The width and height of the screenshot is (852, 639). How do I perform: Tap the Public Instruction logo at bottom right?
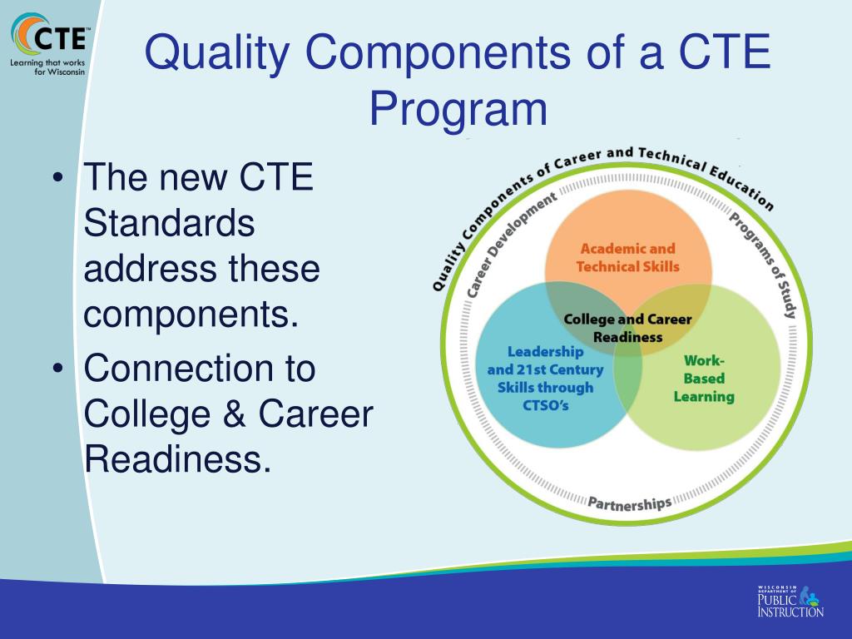pos(789,601)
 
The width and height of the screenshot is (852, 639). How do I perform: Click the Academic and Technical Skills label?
pos(627,258)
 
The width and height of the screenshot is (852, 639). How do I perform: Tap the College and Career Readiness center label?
pos(627,328)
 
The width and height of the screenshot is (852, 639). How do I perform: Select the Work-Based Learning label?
pos(704,379)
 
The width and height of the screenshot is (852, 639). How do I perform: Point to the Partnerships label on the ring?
pos(629,503)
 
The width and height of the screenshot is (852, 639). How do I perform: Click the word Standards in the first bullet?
pos(170,223)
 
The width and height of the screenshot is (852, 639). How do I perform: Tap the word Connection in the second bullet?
pos(200,368)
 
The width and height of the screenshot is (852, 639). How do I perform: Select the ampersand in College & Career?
pos(232,414)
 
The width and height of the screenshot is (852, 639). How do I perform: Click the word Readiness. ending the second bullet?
pos(178,459)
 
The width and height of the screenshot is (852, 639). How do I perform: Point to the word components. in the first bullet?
pos(191,315)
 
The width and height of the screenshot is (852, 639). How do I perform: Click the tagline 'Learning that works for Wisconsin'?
pos(48,67)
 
